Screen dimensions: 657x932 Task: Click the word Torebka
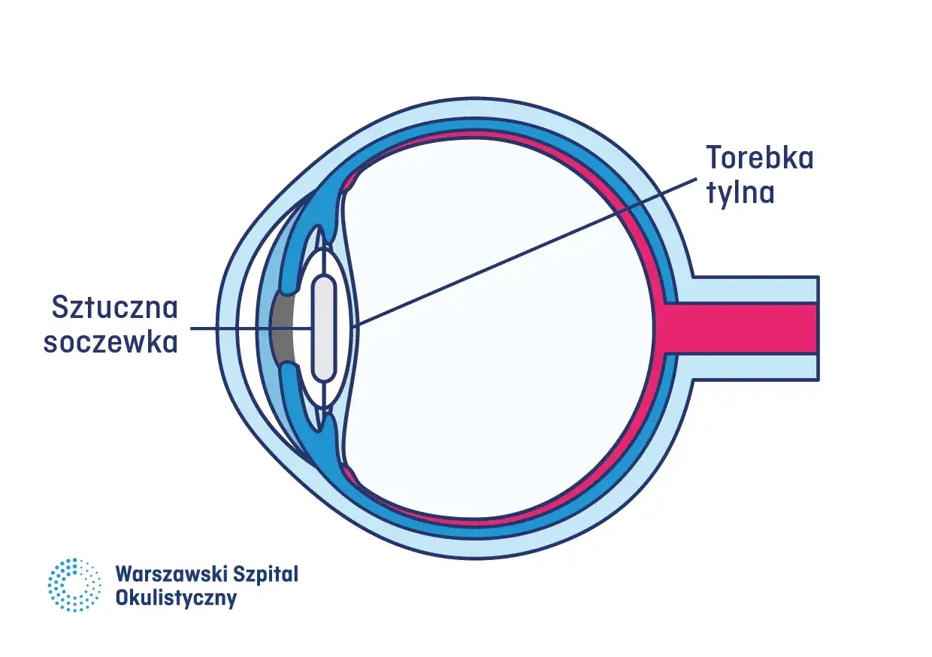[x=759, y=159]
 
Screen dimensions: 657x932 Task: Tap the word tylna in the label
[x=740, y=193]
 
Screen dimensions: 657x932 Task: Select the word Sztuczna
[x=113, y=307]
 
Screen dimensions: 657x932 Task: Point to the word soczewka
[x=110, y=342]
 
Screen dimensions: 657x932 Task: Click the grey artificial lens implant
[x=323, y=328]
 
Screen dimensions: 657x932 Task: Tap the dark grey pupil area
[x=282, y=328]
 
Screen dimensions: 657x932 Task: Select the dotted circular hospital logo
[x=74, y=584]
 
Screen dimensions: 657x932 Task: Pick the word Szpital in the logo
[x=268, y=575]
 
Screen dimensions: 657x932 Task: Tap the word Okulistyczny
[x=176, y=599]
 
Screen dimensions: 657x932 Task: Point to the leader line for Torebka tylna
[x=526, y=251]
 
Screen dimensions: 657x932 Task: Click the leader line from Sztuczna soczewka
[x=252, y=328]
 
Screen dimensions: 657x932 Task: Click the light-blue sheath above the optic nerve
[x=752, y=289]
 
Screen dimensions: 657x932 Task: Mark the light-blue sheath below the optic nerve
[x=752, y=368]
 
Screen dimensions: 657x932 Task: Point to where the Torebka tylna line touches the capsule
[x=359, y=324]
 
